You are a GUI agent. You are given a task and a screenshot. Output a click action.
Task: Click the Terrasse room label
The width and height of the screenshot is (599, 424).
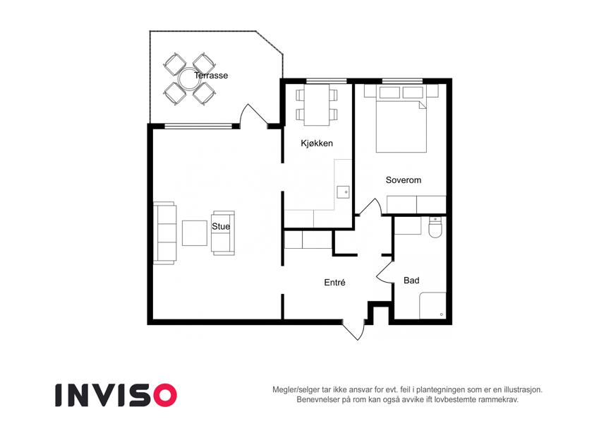(x=211, y=76)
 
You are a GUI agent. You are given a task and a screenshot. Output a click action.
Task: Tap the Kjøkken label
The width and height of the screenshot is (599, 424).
(x=317, y=143)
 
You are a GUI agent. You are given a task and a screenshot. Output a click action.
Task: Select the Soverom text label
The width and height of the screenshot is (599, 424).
(x=404, y=180)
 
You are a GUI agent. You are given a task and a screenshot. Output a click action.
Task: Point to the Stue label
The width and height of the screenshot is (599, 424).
(x=221, y=227)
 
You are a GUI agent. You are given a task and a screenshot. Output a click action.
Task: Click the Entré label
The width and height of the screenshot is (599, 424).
(x=334, y=283)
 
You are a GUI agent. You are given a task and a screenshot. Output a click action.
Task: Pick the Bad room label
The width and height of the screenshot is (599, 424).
(x=411, y=281)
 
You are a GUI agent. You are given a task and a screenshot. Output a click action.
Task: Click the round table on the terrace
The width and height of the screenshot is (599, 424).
(x=190, y=78)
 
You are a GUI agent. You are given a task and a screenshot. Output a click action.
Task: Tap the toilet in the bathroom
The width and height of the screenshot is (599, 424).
(x=435, y=228)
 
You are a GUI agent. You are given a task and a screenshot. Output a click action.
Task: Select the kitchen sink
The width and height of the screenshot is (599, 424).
(x=343, y=192)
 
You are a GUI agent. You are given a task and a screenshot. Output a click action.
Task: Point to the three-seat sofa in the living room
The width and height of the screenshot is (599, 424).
(x=165, y=232)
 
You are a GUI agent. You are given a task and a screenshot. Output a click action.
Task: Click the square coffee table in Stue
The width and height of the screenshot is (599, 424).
(x=195, y=233)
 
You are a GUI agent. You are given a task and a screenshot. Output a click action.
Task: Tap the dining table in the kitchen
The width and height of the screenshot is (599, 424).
(x=317, y=105)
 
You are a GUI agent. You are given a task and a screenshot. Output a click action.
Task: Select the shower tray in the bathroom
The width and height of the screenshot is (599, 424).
(x=432, y=306)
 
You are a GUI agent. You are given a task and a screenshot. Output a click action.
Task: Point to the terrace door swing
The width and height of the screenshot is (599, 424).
(x=253, y=114)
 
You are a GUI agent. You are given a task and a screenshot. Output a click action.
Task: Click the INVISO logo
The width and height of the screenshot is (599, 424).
(x=116, y=395)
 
